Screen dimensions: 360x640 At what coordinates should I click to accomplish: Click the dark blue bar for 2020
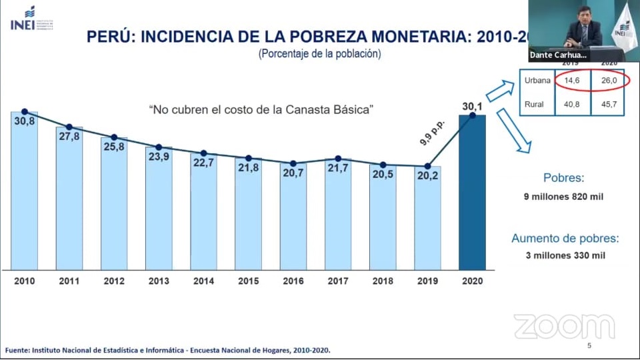tap(472, 193)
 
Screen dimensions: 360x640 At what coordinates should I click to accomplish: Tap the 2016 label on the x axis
tap(293, 281)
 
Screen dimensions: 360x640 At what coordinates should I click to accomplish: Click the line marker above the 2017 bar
tap(338, 159)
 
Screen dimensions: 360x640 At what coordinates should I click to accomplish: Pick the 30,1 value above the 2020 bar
tap(472, 105)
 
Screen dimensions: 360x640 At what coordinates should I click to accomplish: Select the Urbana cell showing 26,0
tap(608, 81)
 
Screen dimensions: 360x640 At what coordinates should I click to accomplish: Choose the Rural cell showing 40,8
tap(571, 104)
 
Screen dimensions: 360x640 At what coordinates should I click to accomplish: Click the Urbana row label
tap(537, 81)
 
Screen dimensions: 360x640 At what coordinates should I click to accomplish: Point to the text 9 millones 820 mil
tap(563, 196)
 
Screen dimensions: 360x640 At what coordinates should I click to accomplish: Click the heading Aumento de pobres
tap(565, 238)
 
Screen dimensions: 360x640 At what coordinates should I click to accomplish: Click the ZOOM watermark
tap(564, 326)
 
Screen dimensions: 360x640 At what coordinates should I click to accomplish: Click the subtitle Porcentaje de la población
tap(319, 54)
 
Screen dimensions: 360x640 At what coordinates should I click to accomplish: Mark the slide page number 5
tap(589, 346)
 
